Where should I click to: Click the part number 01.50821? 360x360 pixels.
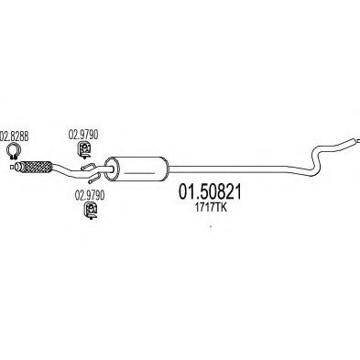pos(210,192)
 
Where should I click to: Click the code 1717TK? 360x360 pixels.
pos(211,208)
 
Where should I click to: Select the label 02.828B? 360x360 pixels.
pos(15,136)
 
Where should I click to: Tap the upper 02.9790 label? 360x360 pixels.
pos(83,135)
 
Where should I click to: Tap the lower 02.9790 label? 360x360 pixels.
pos(90,195)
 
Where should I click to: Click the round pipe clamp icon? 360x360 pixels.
pos(14,151)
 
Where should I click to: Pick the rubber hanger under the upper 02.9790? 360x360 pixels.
pos(83,150)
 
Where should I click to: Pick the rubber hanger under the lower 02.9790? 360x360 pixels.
pos(91,211)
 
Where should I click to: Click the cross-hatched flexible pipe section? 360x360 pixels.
pos(37,167)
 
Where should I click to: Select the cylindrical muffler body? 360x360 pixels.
pos(136,169)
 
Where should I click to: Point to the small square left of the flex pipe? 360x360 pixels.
pos(12,167)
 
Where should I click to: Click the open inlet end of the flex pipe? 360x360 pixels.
pos(18,167)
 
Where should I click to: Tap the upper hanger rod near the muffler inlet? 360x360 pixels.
pos(89,167)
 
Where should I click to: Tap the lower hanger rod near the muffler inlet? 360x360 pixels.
pos(95,178)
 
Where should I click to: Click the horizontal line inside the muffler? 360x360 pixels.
pos(140,173)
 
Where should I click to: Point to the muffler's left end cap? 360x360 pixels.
pos(110,169)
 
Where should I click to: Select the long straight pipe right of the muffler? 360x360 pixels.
pos(227,168)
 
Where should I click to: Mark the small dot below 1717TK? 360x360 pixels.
pos(211,226)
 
